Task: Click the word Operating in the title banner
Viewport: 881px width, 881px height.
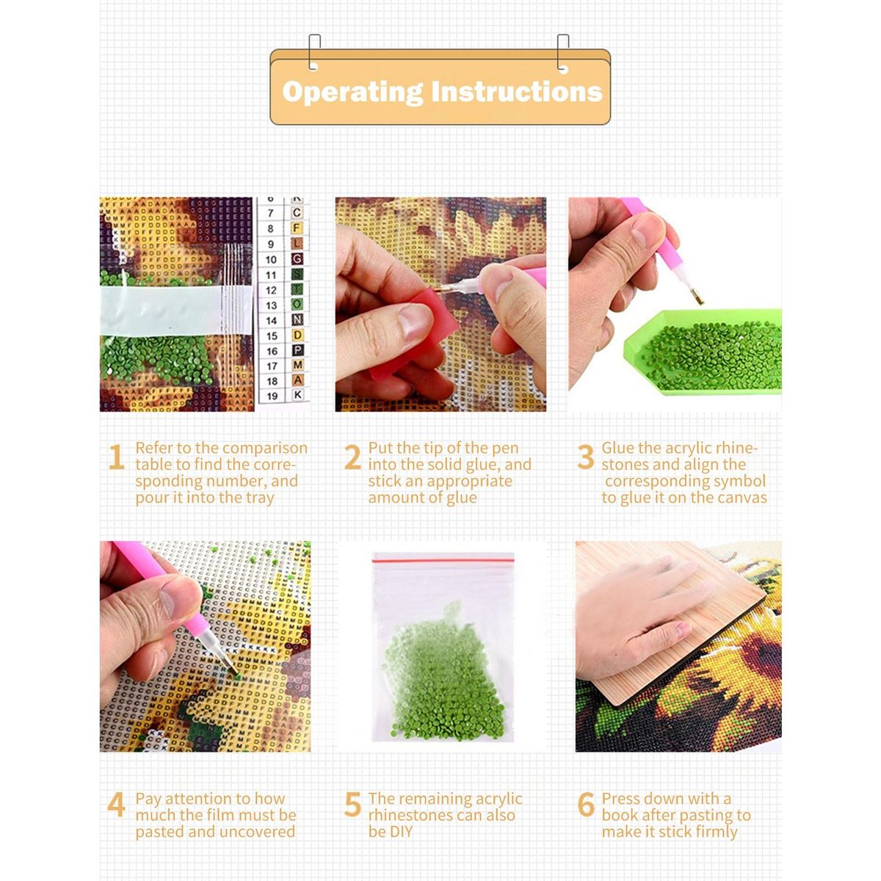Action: pos(352,93)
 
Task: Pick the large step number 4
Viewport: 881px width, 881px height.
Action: pos(116,804)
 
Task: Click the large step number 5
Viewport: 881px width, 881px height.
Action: pos(352,804)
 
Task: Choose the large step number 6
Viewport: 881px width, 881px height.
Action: pos(586,804)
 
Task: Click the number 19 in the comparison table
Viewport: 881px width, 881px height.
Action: pos(272,396)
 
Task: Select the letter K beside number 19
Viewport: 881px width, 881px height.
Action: pos(297,394)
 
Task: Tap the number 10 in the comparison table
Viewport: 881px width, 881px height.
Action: pos(271,260)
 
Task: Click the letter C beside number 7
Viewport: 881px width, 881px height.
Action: pos(297,212)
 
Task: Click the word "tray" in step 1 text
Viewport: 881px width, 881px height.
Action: pos(260,498)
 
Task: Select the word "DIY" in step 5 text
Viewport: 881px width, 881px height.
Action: pos(391,832)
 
